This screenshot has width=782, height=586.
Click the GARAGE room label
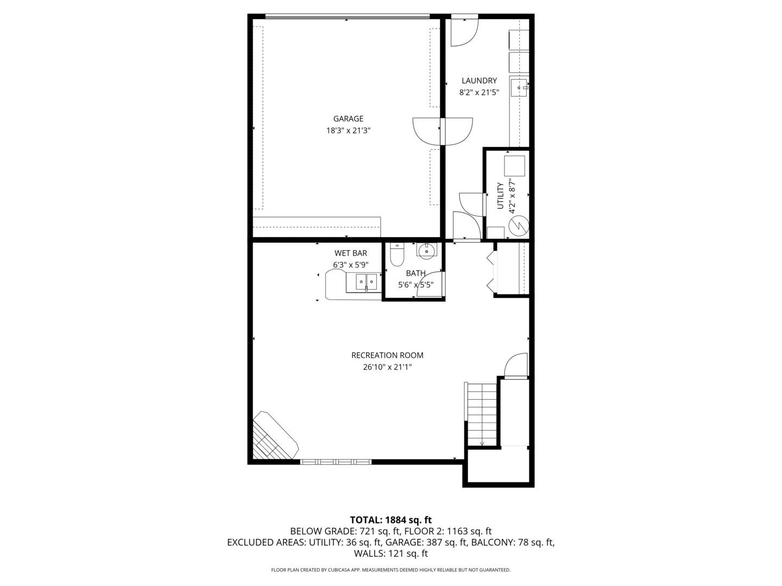(348, 119)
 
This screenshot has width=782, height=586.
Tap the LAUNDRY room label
(479, 81)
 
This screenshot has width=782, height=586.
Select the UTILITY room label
(500, 196)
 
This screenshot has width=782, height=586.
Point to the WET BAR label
(350, 253)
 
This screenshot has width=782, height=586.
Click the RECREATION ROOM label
(387, 355)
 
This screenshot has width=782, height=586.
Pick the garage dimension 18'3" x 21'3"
(348, 130)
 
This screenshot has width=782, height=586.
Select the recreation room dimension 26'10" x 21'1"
(387, 367)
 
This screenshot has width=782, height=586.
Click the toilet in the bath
(398, 254)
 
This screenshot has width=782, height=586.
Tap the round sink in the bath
(427, 250)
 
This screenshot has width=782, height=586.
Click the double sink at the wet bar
(366, 282)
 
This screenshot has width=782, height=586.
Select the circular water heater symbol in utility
(519, 224)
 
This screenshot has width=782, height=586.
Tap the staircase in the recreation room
(482, 414)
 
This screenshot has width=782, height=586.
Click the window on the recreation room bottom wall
(336, 462)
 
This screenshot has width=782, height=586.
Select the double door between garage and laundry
(443, 131)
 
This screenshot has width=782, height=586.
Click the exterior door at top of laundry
(464, 30)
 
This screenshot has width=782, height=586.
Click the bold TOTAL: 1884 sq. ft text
(390, 520)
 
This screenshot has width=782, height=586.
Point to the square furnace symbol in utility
(515, 165)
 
